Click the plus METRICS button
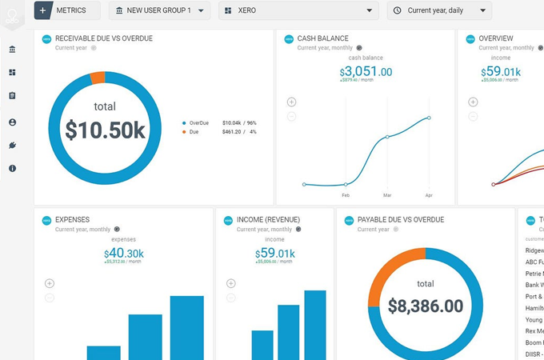tap(66, 10)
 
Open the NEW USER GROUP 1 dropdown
tap(159, 10)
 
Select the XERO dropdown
tap(298, 10)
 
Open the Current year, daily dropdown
tap(439, 10)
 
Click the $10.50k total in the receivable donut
tap(105, 130)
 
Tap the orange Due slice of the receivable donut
tap(98, 78)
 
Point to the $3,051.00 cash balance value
tap(366, 72)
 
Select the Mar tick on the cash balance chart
tap(387, 195)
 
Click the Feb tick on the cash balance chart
tap(346, 195)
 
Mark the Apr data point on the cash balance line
tap(429, 118)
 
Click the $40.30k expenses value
tap(124, 254)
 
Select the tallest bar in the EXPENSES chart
tap(186, 328)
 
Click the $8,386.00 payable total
tap(426, 306)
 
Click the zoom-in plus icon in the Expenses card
tap(50, 283)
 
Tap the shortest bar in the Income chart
tap(262, 345)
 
